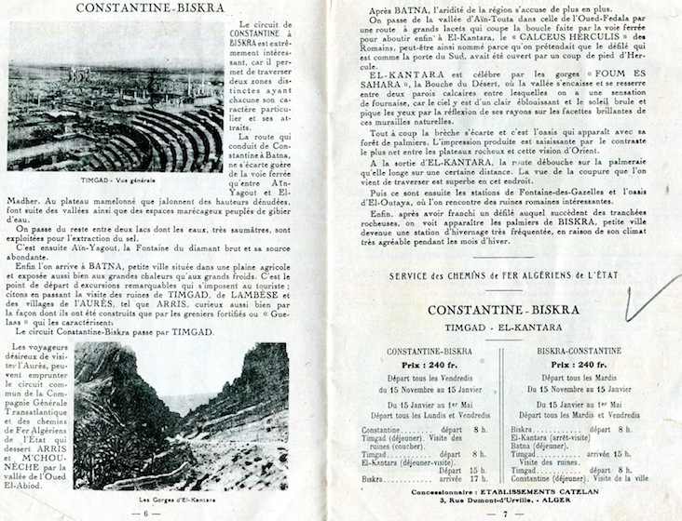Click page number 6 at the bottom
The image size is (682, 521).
143,513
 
